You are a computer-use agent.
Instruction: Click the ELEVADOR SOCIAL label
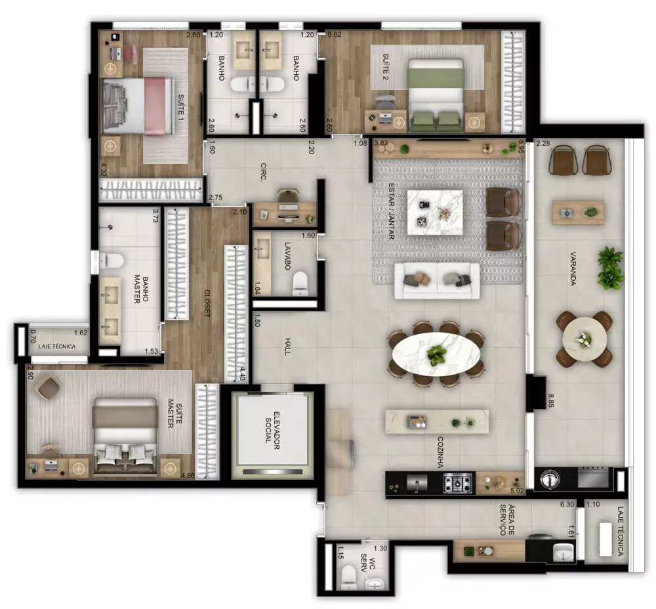pyautogui.click(x=271, y=430)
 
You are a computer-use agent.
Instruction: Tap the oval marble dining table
pyautogui.click(x=436, y=354)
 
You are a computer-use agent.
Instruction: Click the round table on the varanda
pyautogui.click(x=584, y=339)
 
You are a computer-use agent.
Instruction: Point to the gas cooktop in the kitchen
pyautogui.click(x=458, y=484)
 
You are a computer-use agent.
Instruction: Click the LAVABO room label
pyautogui.click(x=288, y=256)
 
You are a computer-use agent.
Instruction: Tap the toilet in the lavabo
pyautogui.click(x=300, y=283)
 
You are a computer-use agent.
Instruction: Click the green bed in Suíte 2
pyautogui.click(x=436, y=94)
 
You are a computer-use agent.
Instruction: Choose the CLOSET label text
pyautogui.click(x=207, y=303)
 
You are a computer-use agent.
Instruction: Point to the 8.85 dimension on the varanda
pyautogui.click(x=551, y=400)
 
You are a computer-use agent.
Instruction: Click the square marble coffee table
pyautogui.click(x=435, y=213)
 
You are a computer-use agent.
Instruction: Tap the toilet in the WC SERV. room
pyautogui.click(x=348, y=577)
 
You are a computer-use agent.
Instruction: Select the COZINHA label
pyautogui.click(x=440, y=452)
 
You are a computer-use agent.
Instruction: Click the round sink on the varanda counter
pyautogui.click(x=548, y=479)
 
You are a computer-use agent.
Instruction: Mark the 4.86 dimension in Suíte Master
pyautogui.click(x=188, y=476)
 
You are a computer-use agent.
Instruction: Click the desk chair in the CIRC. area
pyautogui.click(x=287, y=195)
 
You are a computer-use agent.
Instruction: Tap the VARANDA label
pyautogui.click(x=573, y=268)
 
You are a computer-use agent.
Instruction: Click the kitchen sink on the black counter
pyautogui.click(x=417, y=483)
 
